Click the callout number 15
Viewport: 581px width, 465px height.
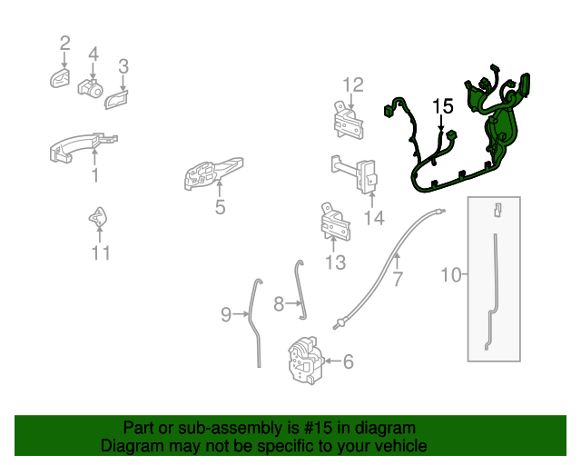tap(443, 106)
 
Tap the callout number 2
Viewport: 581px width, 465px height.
tap(64, 44)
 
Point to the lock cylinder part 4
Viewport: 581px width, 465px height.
tap(91, 88)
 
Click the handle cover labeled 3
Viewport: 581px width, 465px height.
tap(116, 99)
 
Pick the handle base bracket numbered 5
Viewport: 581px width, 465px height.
tap(213, 173)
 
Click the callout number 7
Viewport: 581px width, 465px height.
tap(398, 279)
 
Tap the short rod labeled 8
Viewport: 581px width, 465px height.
tap(300, 289)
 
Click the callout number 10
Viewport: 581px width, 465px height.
tap(451, 275)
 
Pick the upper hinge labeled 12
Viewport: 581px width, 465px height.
tap(348, 121)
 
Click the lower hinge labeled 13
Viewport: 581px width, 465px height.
tap(335, 223)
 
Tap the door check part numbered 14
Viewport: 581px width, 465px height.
tap(355, 173)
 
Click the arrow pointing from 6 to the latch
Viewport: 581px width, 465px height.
tap(332, 361)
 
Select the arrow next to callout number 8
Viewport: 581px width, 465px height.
tap(294, 303)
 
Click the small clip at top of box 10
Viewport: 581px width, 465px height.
tap(497, 210)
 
